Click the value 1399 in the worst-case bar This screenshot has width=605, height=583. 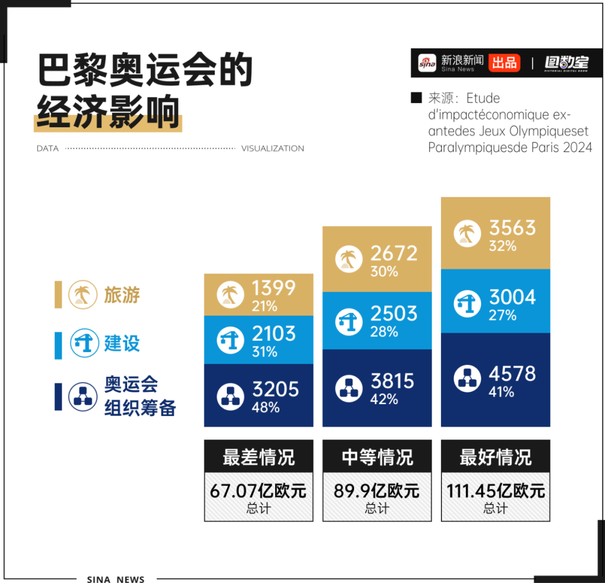pyautogui.click(x=273, y=288)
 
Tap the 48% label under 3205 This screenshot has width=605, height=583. pyautogui.click(x=266, y=407)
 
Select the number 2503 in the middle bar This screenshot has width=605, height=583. pyautogui.click(x=394, y=313)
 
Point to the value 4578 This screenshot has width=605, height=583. pyautogui.click(x=512, y=374)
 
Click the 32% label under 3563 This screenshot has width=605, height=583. pyautogui.click(x=502, y=246)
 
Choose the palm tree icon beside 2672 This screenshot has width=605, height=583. pyautogui.click(x=348, y=260)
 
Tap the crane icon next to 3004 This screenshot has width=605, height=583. pyautogui.click(x=467, y=304)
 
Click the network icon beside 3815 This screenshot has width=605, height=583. pyautogui.click(x=348, y=388)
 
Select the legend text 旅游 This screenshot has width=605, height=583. pyautogui.click(x=122, y=294)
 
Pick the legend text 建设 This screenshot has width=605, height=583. pyautogui.click(x=122, y=343)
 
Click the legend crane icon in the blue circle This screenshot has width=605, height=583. pyautogui.click(x=83, y=344)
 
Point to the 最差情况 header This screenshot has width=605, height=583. pyautogui.click(x=258, y=457)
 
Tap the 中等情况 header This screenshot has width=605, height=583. pyautogui.click(x=377, y=457)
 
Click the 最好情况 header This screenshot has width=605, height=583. pyautogui.click(x=495, y=457)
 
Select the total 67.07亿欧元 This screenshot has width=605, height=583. pyautogui.click(x=258, y=491)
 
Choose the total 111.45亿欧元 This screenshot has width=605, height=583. pyautogui.click(x=495, y=491)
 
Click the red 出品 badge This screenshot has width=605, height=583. pyautogui.click(x=504, y=62)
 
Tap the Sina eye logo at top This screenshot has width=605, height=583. pyautogui.click(x=427, y=62)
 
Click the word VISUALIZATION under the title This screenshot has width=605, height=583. pyautogui.click(x=273, y=149)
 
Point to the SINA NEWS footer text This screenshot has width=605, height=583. pyautogui.click(x=116, y=579)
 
